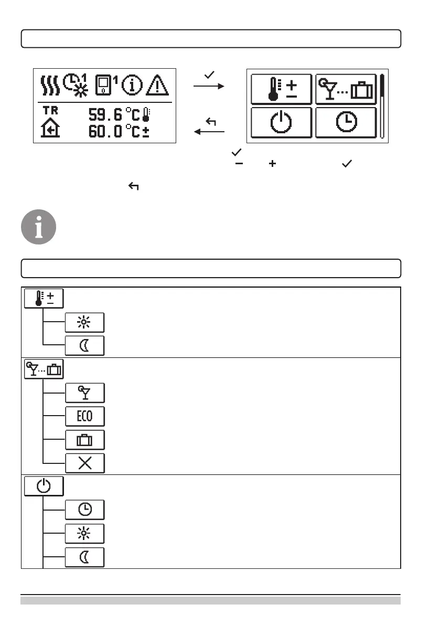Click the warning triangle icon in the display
point(158,85)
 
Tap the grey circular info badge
point(38,227)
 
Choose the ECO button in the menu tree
point(85,416)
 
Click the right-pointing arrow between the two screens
point(209,86)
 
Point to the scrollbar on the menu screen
point(383,107)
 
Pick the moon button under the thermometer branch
point(85,345)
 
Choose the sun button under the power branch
point(85,533)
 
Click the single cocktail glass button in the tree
point(85,393)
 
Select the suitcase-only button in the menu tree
point(85,439)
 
